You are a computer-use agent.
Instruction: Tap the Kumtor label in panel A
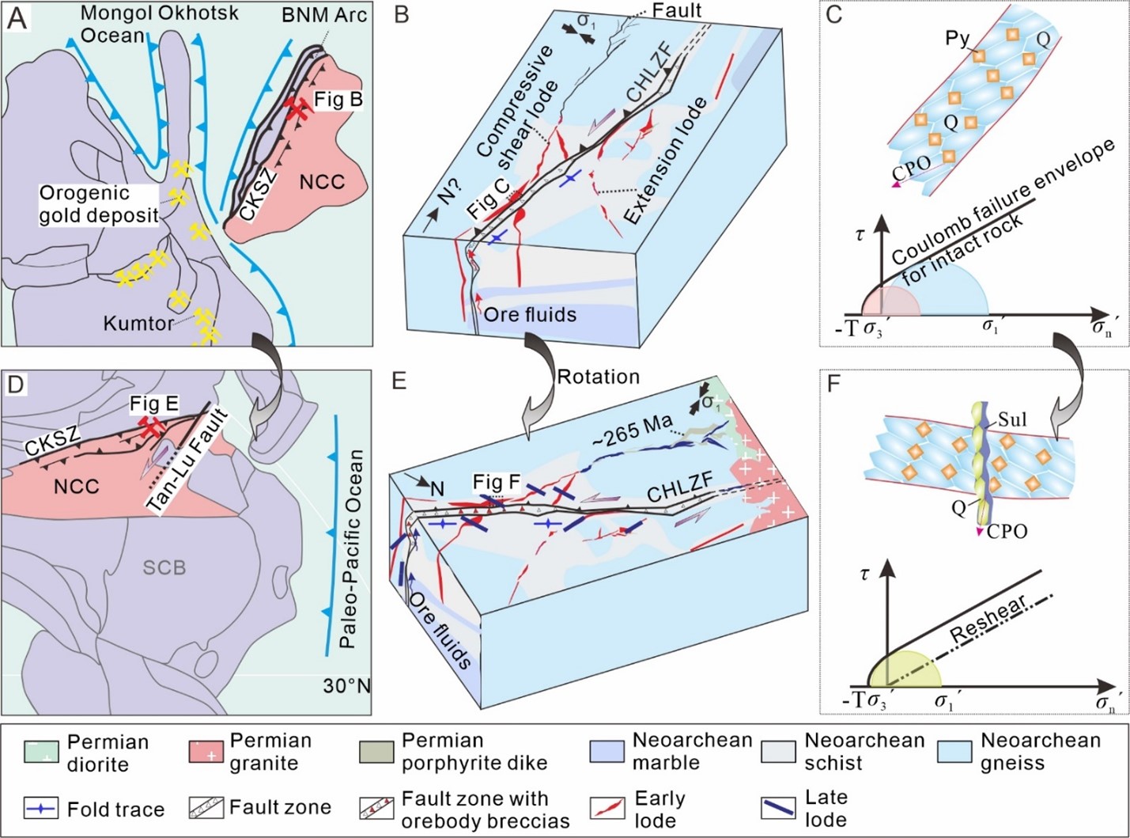pos(139,323)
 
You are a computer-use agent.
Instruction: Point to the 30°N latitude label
pos(346,685)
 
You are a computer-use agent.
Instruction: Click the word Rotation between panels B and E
pos(598,377)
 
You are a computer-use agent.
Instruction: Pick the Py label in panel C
pos(957,37)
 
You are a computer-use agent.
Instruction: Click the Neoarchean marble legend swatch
pos(607,752)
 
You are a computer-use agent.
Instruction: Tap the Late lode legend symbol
pos(779,808)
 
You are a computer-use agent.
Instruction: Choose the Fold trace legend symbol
pos(40,809)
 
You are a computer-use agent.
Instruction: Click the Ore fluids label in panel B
pos(530,314)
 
